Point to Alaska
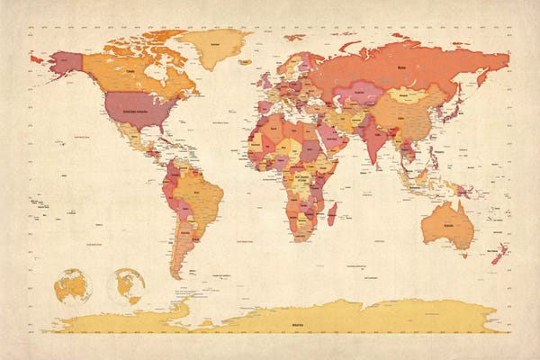tap(67, 63)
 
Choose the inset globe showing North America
tap(125, 286)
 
